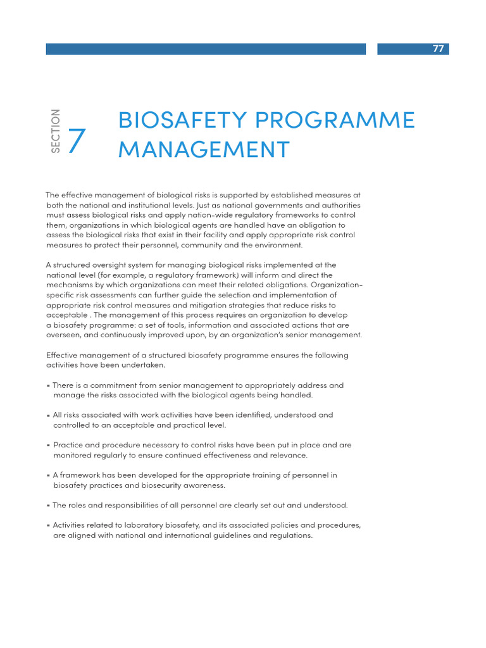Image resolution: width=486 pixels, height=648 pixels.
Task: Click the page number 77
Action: [439, 49]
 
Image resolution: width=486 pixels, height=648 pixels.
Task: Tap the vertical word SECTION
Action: [56, 131]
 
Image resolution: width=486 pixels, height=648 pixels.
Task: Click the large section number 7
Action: [76, 140]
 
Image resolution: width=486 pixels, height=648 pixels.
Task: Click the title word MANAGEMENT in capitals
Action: [204, 149]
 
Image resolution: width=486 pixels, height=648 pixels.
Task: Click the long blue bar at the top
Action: [206, 49]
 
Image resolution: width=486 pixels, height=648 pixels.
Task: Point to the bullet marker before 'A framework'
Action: [48, 475]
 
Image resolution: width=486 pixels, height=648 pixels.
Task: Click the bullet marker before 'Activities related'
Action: [48, 525]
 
